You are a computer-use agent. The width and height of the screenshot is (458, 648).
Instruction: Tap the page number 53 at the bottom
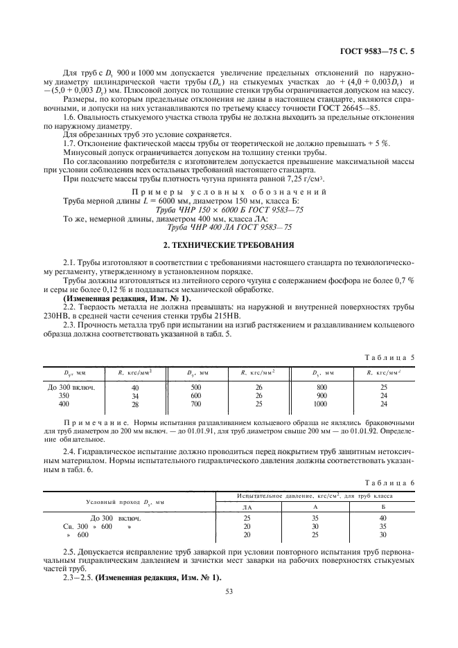tap(229, 591)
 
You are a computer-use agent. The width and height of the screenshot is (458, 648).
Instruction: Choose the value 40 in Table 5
tap(135, 388)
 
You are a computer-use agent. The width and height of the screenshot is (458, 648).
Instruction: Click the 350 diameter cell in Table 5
tap(64, 396)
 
